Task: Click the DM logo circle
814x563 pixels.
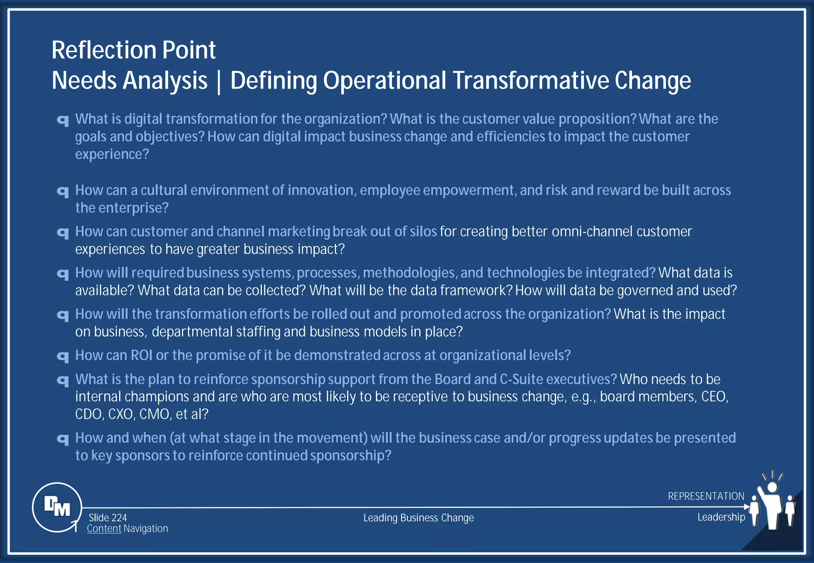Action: click(x=57, y=507)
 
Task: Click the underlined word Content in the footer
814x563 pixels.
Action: click(x=104, y=528)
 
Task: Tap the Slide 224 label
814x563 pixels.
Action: click(x=108, y=518)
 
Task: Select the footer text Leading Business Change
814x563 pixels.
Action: click(x=419, y=518)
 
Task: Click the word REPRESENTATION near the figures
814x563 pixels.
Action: click(x=706, y=496)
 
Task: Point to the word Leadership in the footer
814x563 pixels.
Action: click(x=721, y=517)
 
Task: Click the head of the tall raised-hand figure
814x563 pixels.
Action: click(x=772, y=487)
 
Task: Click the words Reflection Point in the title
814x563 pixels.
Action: click(x=134, y=50)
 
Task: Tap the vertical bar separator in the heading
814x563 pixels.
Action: click(x=219, y=81)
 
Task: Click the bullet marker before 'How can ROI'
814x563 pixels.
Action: click(x=63, y=357)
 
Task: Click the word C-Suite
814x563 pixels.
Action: click(x=521, y=379)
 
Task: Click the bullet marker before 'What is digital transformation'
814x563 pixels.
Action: click(x=63, y=120)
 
